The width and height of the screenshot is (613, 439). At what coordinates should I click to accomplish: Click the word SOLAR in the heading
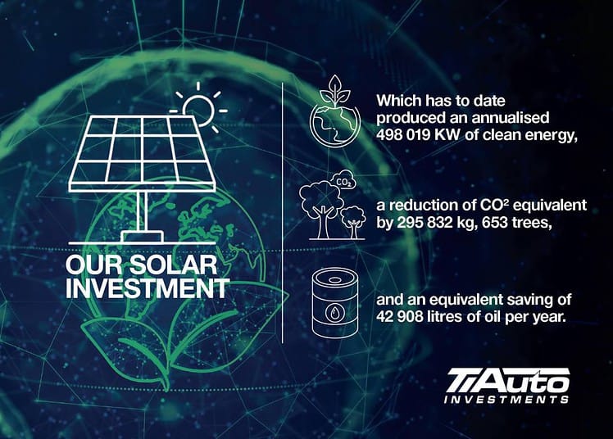(173, 265)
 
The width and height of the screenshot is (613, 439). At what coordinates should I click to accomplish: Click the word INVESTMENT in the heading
(147, 288)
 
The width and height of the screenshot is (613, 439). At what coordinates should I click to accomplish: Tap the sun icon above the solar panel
(199, 109)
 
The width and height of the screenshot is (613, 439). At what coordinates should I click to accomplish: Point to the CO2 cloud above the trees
(343, 180)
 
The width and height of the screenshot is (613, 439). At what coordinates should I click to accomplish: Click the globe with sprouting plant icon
(335, 111)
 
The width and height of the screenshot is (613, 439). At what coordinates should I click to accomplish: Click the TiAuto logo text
(508, 380)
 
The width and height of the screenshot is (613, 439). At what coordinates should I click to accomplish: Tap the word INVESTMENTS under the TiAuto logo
(506, 399)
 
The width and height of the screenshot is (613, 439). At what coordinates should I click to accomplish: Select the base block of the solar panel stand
(142, 237)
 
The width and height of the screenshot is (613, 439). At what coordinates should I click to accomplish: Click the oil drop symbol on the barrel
(334, 312)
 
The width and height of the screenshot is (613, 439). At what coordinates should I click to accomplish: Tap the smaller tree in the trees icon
(353, 221)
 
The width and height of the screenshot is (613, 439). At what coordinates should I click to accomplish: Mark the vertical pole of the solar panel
(143, 211)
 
